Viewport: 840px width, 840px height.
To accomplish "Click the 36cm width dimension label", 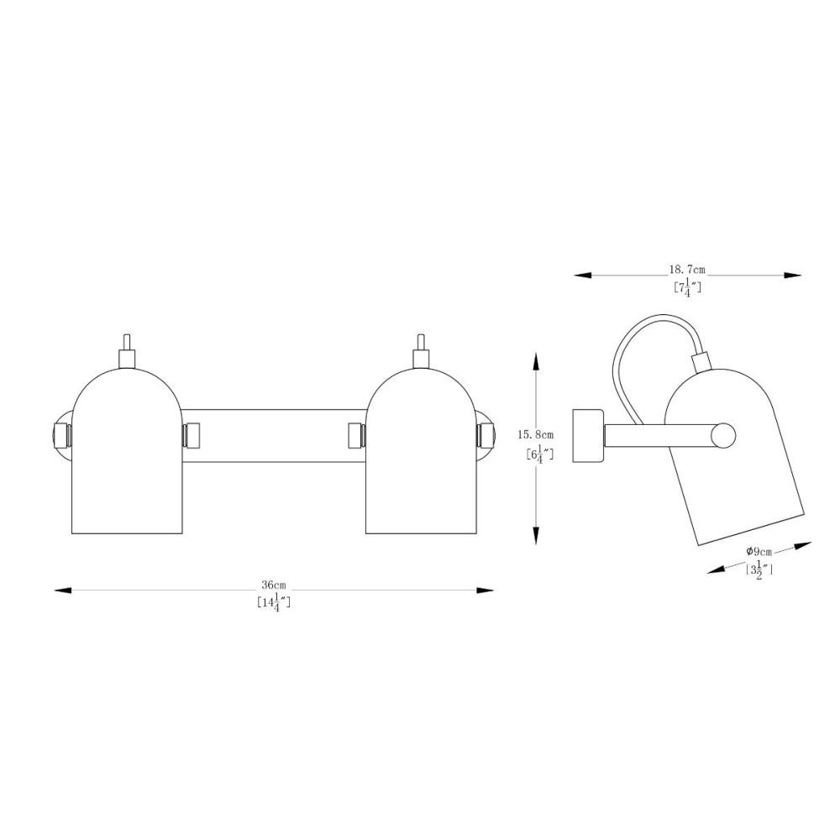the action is (x=273, y=584).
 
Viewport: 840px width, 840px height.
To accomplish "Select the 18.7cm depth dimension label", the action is (x=687, y=270).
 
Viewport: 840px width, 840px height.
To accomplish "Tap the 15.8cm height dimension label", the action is (x=536, y=434).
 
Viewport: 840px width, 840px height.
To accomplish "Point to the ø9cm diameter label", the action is (x=759, y=551).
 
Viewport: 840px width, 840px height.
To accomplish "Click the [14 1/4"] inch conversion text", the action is (x=273, y=602).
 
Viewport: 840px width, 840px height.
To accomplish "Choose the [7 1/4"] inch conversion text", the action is (x=687, y=288).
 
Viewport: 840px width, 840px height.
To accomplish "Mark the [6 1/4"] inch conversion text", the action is (x=539, y=454).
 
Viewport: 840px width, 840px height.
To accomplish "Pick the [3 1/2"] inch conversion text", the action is (x=759, y=569).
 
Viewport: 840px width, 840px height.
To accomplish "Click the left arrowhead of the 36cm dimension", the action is (x=63, y=591).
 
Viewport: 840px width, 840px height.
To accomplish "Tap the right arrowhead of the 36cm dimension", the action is (x=485, y=591).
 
